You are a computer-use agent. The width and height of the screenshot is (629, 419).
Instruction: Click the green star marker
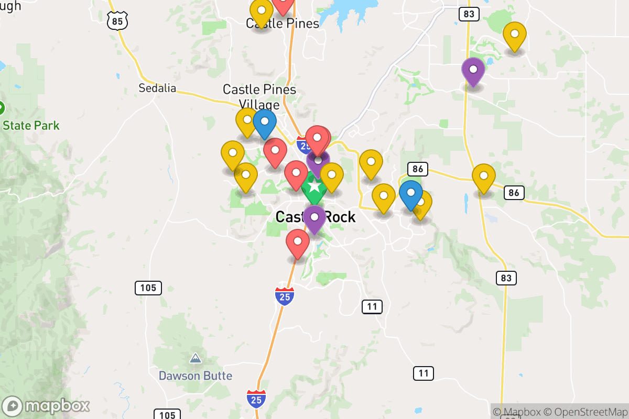pyautogui.click(x=314, y=186)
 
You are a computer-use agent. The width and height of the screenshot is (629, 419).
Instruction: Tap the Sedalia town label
pyautogui.click(x=157, y=88)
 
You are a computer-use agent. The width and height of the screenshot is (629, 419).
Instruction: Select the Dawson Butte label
pyautogui.click(x=196, y=376)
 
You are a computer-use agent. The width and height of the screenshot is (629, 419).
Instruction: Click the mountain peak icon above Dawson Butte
pyautogui.click(x=196, y=359)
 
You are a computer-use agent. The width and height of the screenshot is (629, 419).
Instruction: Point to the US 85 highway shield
pyautogui.click(x=117, y=20)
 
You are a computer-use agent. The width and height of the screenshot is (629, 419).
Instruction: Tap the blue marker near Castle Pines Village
pyautogui.click(x=265, y=123)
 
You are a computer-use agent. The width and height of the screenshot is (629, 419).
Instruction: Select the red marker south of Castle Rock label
pyautogui.click(x=298, y=242)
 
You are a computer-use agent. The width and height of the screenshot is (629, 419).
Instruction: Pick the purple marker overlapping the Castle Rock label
pyautogui.click(x=314, y=218)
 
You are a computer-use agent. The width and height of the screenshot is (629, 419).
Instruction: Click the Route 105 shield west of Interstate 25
pyautogui.click(x=148, y=288)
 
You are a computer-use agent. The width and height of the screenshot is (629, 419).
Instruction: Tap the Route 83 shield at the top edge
pyautogui.click(x=469, y=14)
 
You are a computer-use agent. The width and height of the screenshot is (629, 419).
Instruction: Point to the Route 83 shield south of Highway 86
pyautogui.click(x=506, y=278)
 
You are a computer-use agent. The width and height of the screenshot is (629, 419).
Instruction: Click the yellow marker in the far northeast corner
pyautogui.click(x=515, y=35)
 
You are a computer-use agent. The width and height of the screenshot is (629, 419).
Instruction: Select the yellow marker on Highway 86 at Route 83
pyautogui.click(x=483, y=177)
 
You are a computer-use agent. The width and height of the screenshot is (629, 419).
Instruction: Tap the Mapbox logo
pyautogui.click(x=47, y=406)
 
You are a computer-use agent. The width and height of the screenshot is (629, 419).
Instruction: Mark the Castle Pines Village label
pyautogui.click(x=259, y=96)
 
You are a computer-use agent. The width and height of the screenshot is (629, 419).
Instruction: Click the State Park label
pyautogui.click(x=31, y=126)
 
